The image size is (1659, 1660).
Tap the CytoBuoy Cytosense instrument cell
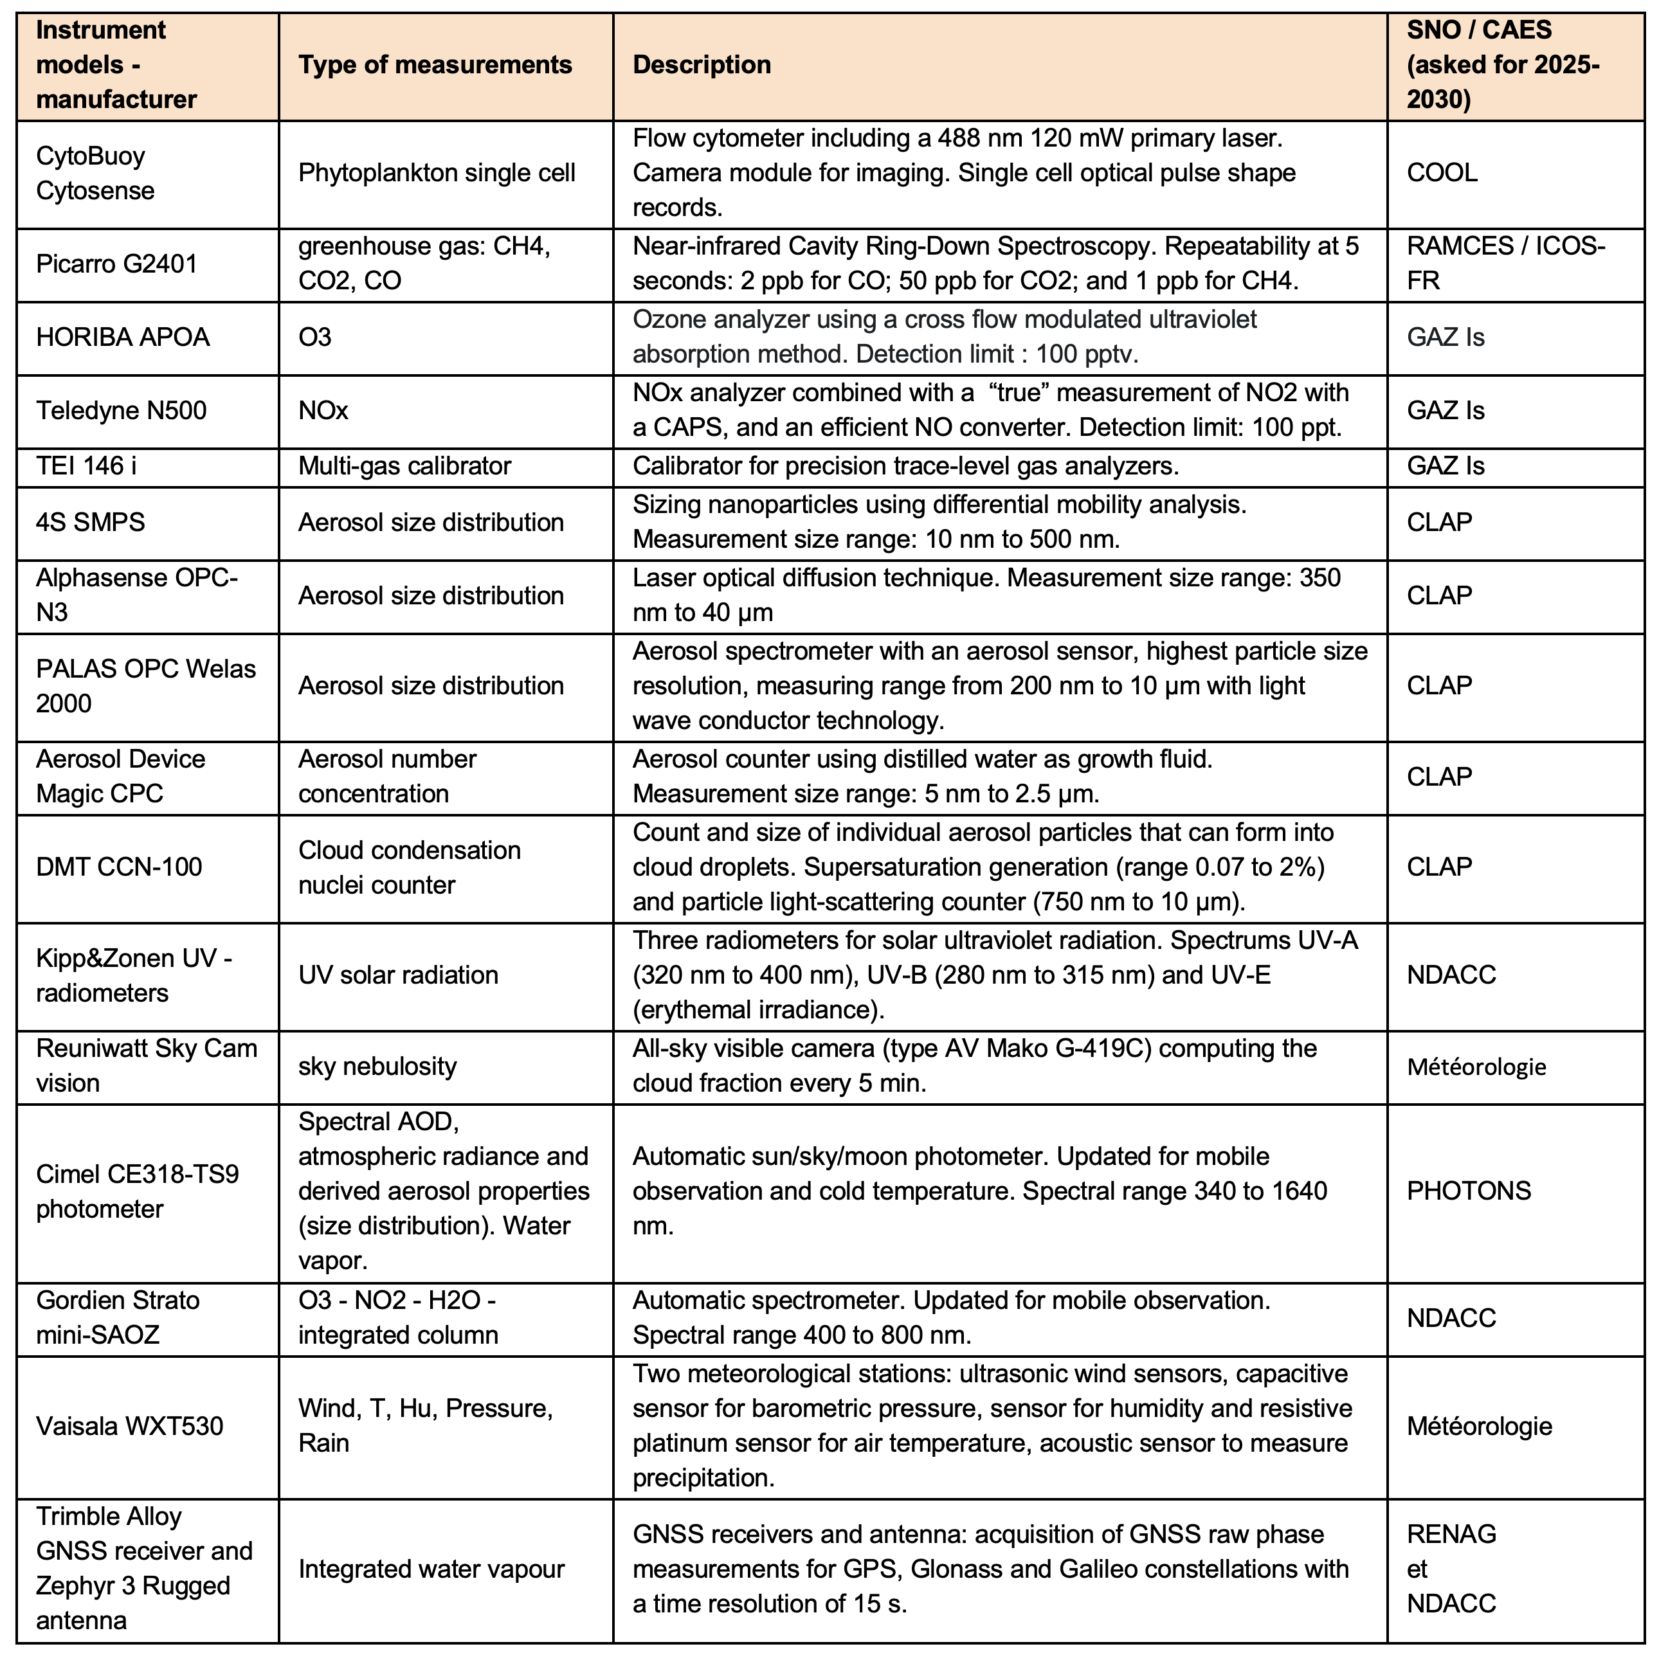(95, 174)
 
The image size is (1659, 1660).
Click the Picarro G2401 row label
(117, 264)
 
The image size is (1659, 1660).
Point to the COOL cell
(1442, 173)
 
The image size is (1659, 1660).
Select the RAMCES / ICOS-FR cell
(1505, 264)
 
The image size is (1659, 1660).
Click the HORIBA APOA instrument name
(123, 337)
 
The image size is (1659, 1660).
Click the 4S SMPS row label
(90, 523)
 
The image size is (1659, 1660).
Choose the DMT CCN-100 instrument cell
(118, 867)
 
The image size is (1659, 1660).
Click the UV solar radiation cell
(398, 975)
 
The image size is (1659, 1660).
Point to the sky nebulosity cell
(377, 1067)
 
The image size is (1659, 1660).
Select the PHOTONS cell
(1468, 1191)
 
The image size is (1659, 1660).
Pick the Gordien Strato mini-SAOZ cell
(117, 1318)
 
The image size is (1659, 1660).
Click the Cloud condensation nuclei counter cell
(409, 867)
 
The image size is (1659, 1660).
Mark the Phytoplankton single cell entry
(437, 174)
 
